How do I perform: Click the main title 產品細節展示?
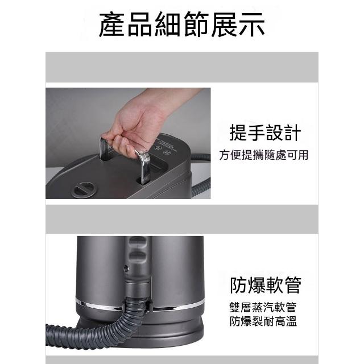pyautogui.click(x=182, y=24)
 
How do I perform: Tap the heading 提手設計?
pyautogui.click(x=266, y=133)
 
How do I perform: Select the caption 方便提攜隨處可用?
pyautogui.click(x=264, y=155)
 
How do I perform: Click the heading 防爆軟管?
pyautogui.click(x=266, y=285)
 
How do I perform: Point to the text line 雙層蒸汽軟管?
pyautogui.click(x=263, y=307)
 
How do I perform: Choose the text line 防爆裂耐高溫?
pyautogui.click(x=263, y=321)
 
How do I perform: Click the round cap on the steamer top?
pyautogui.click(x=84, y=189)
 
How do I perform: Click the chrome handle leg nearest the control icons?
pyautogui.click(x=144, y=167)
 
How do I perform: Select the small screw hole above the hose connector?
pyautogui.click(x=126, y=268)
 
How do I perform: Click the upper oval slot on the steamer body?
pyautogui.click(x=138, y=241)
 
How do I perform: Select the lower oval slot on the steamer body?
pyautogui.click(x=138, y=256)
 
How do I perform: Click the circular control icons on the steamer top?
pyautogui.click(x=163, y=150)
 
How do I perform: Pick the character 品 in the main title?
pyautogui.click(x=140, y=24)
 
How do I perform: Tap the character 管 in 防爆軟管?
pyautogui.click(x=293, y=285)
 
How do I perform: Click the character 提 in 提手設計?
pyautogui.click(x=238, y=133)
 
